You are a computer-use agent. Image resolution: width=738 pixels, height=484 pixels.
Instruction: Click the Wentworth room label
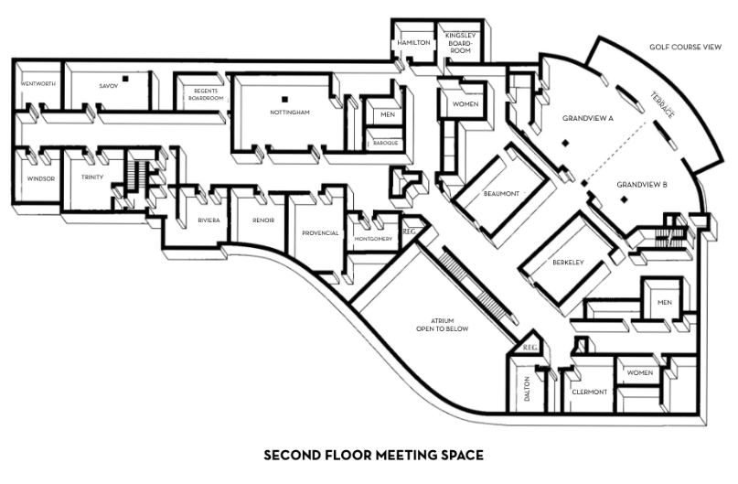38,84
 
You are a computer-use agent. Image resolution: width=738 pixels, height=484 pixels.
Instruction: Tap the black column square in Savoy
125,79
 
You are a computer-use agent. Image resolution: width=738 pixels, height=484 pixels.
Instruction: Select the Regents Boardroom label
206,94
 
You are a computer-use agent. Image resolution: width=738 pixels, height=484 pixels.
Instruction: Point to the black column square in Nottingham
284,99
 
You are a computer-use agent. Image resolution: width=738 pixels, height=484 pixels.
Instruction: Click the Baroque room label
386,143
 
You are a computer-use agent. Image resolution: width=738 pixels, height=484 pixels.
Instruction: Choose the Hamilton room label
413,42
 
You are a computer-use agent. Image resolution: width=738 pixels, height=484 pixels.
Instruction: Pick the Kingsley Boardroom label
460,43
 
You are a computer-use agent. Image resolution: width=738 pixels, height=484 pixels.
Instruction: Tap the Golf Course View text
685,47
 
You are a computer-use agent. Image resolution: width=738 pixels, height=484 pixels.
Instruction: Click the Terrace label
663,104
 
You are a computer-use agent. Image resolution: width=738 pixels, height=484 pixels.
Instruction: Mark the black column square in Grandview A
565,143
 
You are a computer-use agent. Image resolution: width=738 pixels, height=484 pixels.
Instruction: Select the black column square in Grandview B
624,199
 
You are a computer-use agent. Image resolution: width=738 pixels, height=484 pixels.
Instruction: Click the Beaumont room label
501,193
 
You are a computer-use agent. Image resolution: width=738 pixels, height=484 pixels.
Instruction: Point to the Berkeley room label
568,263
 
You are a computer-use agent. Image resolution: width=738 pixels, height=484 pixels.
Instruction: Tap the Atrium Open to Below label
442,325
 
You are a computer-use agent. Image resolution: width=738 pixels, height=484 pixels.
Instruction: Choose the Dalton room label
527,389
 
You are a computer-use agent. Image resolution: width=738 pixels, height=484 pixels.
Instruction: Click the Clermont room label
589,392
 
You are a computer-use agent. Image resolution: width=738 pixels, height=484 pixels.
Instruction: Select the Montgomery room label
373,239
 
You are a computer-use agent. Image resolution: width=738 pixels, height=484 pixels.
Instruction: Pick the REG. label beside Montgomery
409,231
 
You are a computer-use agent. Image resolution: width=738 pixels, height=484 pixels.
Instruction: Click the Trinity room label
92,177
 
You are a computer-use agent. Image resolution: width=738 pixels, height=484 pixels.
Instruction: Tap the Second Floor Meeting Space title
373,456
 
